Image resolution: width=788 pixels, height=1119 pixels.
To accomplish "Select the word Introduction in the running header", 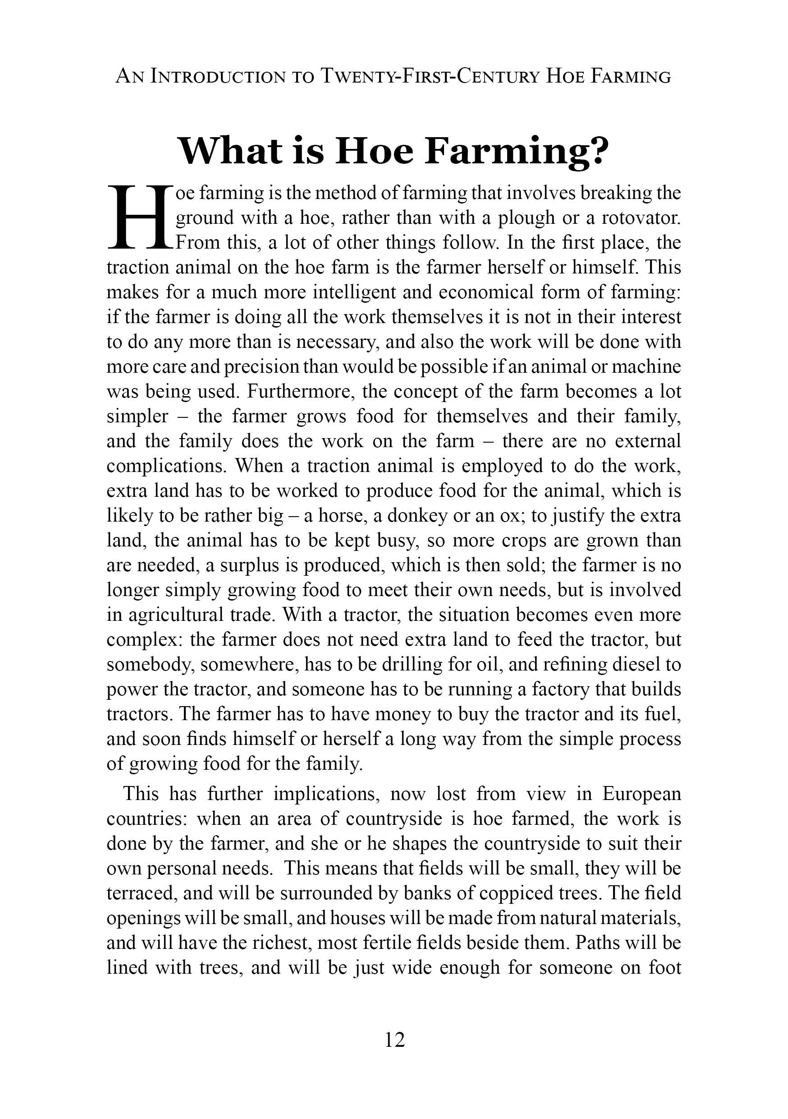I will (218, 77).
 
